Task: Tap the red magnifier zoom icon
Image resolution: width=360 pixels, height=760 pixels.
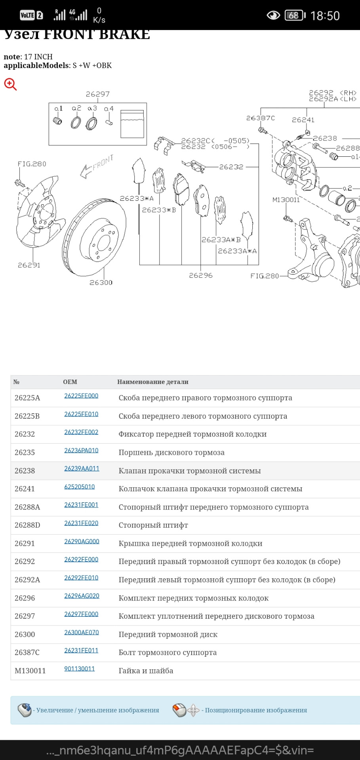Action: point(10,84)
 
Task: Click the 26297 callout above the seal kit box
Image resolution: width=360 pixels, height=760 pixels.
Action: point(97,94)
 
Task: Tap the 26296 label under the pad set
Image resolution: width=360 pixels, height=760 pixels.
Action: point(200,275)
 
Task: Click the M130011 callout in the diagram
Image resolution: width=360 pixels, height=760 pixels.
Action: point(286,199)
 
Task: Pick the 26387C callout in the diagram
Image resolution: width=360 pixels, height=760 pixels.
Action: point(260,118)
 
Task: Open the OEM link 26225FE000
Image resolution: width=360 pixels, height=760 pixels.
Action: point(81,396)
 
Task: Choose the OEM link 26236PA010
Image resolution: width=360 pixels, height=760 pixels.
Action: point(81,450)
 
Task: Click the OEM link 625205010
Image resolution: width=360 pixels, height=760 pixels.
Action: point(80,487)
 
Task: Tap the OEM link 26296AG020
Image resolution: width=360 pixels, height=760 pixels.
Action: point(82,596)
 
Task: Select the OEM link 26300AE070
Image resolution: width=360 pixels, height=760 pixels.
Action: point(82,632)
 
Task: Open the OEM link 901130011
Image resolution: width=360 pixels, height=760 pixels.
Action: point(80,669)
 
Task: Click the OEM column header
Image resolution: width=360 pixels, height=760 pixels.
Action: point(70,382)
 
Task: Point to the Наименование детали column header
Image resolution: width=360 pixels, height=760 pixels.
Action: point(152,382)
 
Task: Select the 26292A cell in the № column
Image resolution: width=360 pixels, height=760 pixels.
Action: point(27,580)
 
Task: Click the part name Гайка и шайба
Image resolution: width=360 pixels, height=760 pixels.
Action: point(146,671)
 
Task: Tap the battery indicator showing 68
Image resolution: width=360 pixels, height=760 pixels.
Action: point(295,15)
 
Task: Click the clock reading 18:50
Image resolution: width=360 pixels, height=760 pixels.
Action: point(325,16)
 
